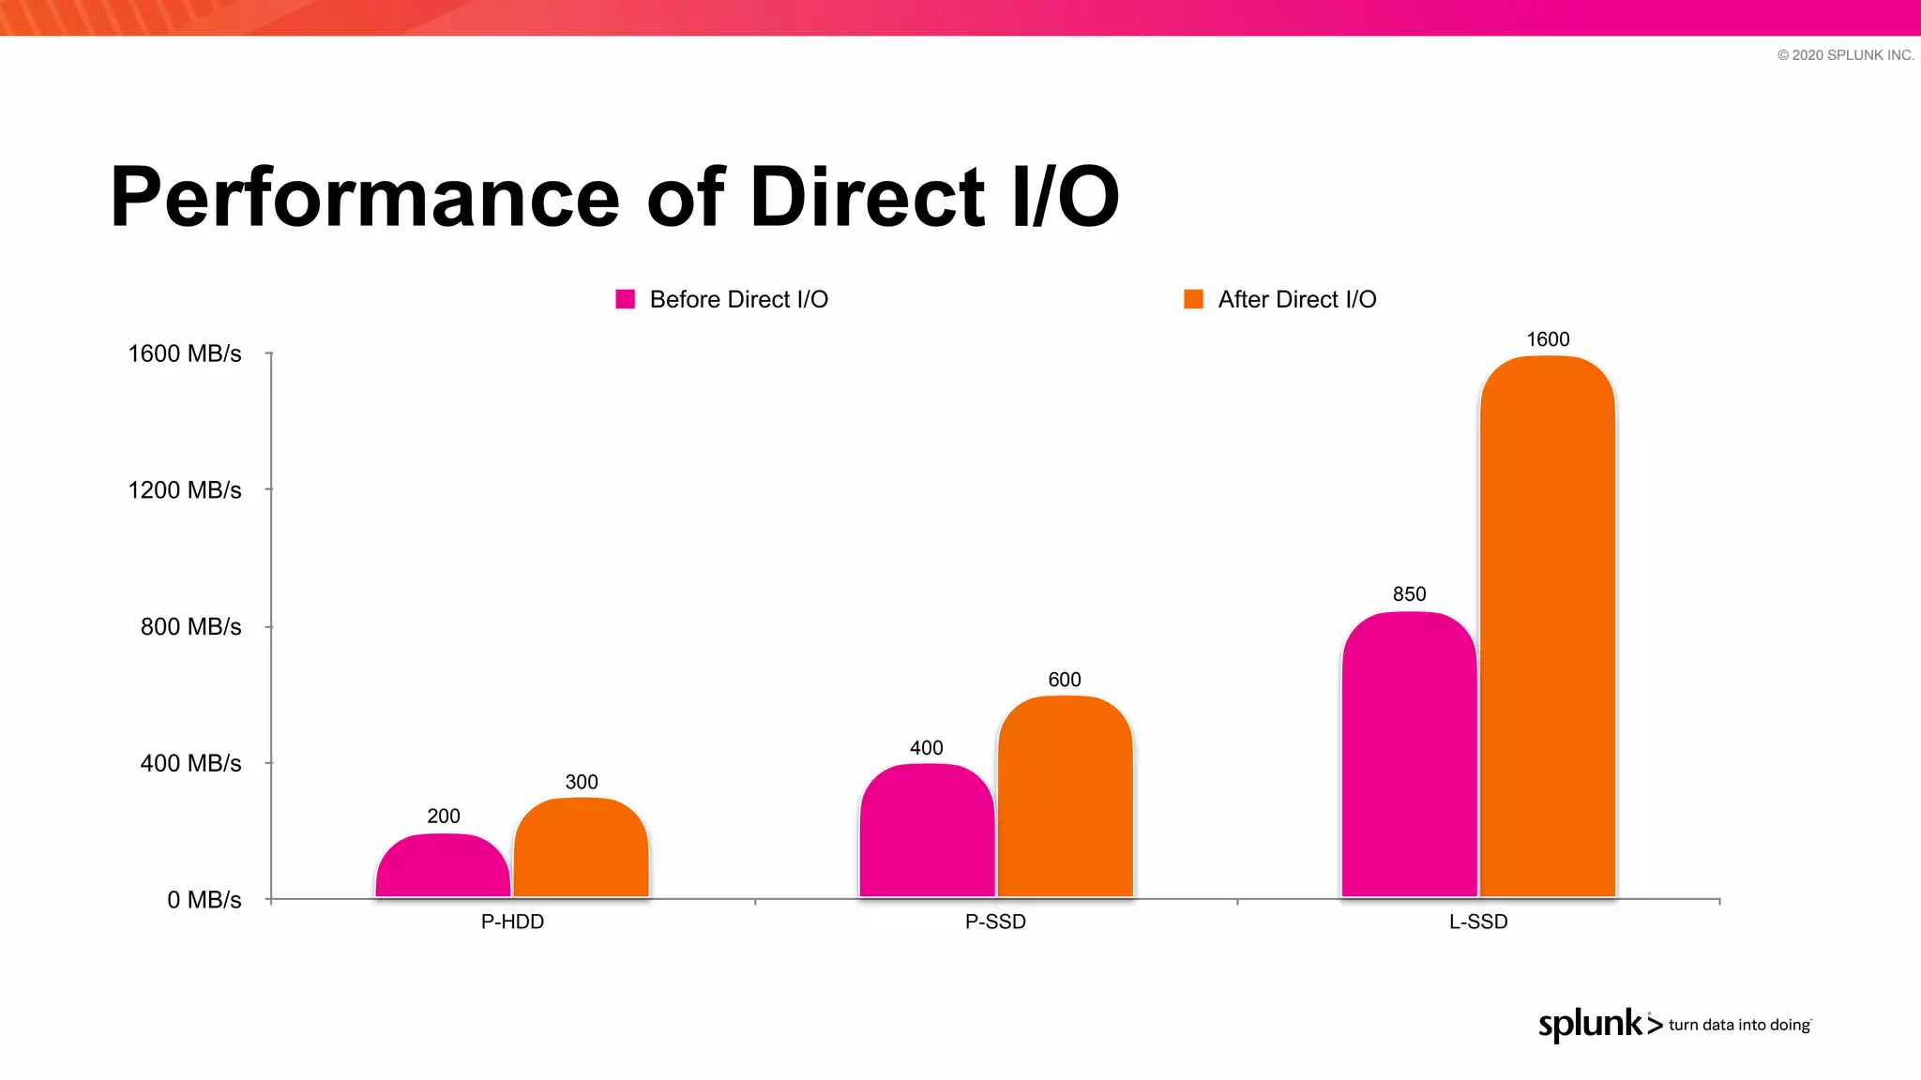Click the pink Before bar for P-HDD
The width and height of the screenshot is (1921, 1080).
pyautogui.click(x=443, y=866)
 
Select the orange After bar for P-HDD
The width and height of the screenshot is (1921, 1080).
pyautogui.click(x=582, y=848)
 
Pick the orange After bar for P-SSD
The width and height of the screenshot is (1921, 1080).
pyautogui.click(x=1065, y=797)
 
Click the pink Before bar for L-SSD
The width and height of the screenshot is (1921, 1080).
pyautogui.click(x=1409, y=755)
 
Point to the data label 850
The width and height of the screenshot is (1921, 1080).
pyautogui.click(x=1409, y=594)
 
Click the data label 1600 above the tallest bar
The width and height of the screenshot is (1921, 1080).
pyautogui.click(x=1548, y=339)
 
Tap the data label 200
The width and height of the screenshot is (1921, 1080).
pyautogui.click(x=444, y=817)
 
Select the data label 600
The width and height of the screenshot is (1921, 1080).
pyautogui.click(x=1065, y=680)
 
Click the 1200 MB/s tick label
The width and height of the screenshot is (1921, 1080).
pyautogui.click(x=185, y=490)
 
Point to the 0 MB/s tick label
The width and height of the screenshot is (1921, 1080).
pyautogui.click(x=204, y=900)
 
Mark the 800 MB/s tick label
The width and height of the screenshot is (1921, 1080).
pyautogui.click(x=191, y=627)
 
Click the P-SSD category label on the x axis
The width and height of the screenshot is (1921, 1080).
pyautogui.click(x=995, y=922)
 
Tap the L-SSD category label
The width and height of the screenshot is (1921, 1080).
pyautogui.click(x=1478, y=922)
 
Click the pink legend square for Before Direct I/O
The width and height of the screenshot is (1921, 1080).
pyautogui.click(x=626, y=299)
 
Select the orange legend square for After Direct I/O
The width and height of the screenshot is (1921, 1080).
pyautogui.click(x=1193, y=299)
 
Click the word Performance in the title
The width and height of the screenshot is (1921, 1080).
pyautogui.click(x=365, y=198)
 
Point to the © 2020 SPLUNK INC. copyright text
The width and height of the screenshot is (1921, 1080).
pyautogui.click(x=1845, y=55)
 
